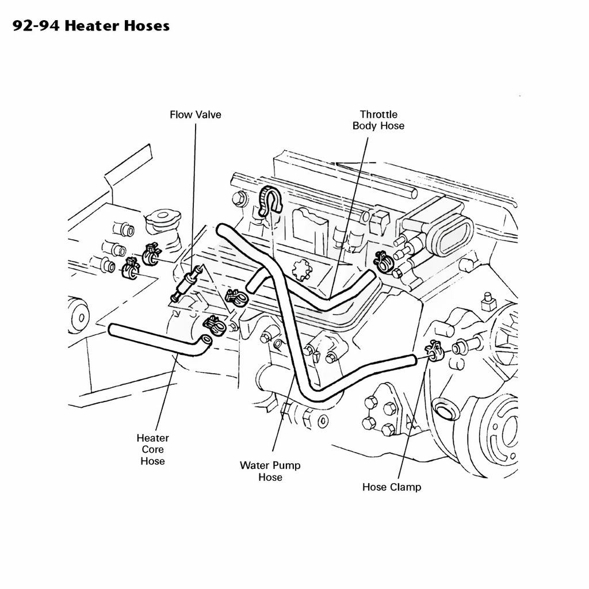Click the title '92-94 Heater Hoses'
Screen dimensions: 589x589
(x=91, y=25)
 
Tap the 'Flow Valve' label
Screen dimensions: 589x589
(x=196, y=114)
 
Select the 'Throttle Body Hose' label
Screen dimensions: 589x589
(x=378, y=120)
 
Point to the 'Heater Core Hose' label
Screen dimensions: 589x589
(x=152, y=449)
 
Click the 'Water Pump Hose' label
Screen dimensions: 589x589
(x=270, y=471)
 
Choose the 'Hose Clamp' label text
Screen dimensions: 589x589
(x=392, y=487)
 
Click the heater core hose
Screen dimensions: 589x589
(x=158, y=339)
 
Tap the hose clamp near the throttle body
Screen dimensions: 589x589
(x=383, y=262)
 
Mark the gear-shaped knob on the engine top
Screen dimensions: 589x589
(x=302, y=270)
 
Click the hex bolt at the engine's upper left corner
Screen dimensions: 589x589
(x=239, y=198)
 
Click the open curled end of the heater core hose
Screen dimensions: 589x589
(x=206, y=341)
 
